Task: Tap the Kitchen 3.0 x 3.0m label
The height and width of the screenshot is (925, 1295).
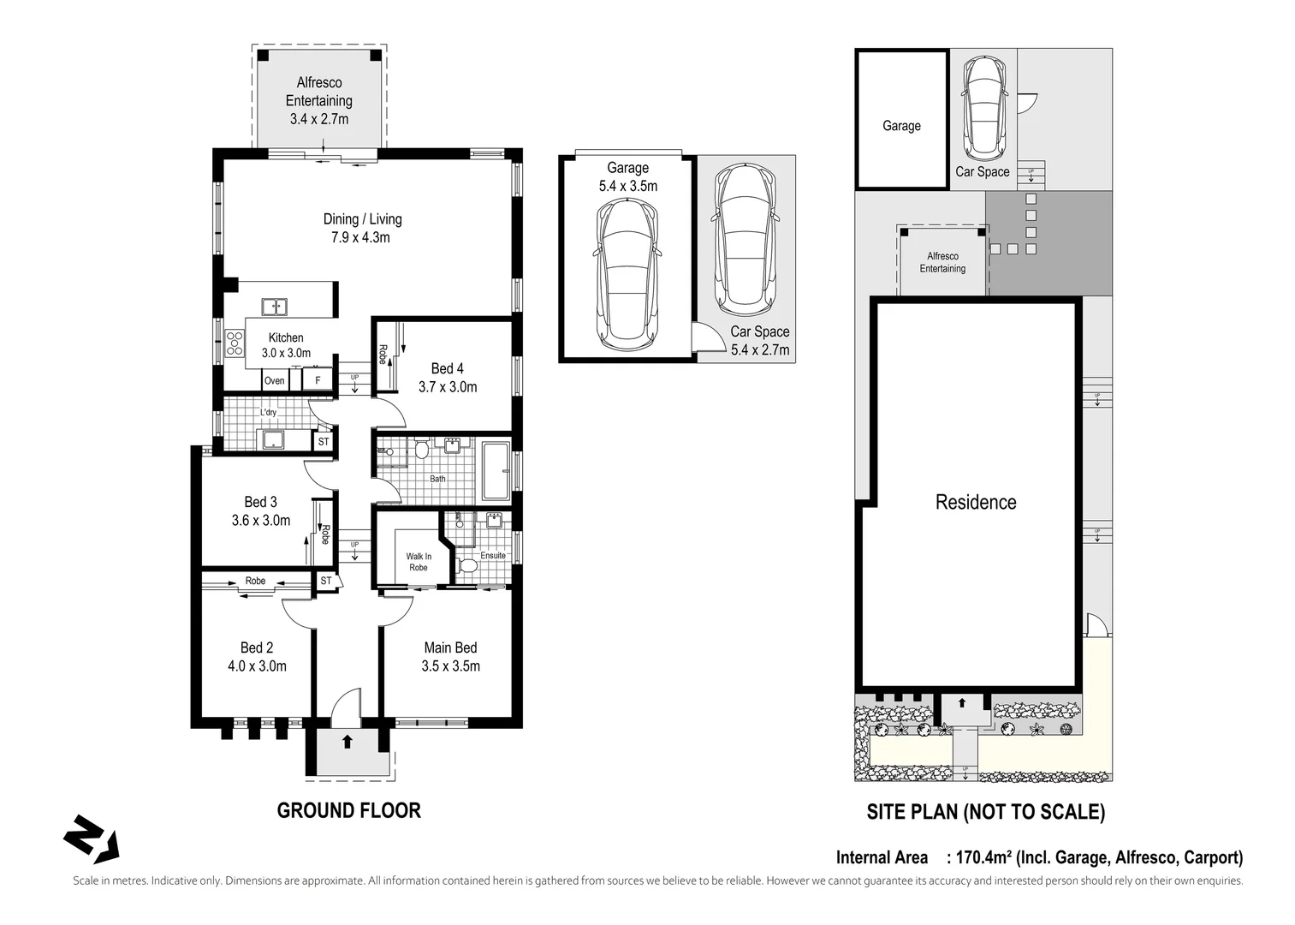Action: point(286,345)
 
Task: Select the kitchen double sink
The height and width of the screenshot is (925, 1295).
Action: point(275,307)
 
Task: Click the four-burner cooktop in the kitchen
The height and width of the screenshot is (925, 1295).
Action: point(235,343)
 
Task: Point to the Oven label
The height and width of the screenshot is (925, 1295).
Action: point(275,380)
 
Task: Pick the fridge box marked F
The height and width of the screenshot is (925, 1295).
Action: point(318,380)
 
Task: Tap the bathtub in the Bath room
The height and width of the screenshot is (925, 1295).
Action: point(496,471)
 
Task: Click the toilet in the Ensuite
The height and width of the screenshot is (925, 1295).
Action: point(466,564)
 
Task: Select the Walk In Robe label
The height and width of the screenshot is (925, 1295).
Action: point(419,562)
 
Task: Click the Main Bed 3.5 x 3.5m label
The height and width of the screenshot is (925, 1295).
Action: point(451,657)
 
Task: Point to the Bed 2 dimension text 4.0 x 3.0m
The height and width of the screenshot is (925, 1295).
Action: point(258,665)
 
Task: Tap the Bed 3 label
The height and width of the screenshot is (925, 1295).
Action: point(261,502)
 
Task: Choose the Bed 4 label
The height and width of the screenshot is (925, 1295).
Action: point(448,368)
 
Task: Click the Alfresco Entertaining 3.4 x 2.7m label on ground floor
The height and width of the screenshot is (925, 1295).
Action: point(319,101)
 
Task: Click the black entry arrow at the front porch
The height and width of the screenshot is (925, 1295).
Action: point(348,741)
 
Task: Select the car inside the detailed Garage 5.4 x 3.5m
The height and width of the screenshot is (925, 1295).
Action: point(627,273)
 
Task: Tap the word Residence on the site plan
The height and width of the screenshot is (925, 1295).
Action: point(976,502)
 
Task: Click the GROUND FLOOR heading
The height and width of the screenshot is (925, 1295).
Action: point(349,810)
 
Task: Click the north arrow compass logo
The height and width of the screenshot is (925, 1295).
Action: point(92,838)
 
